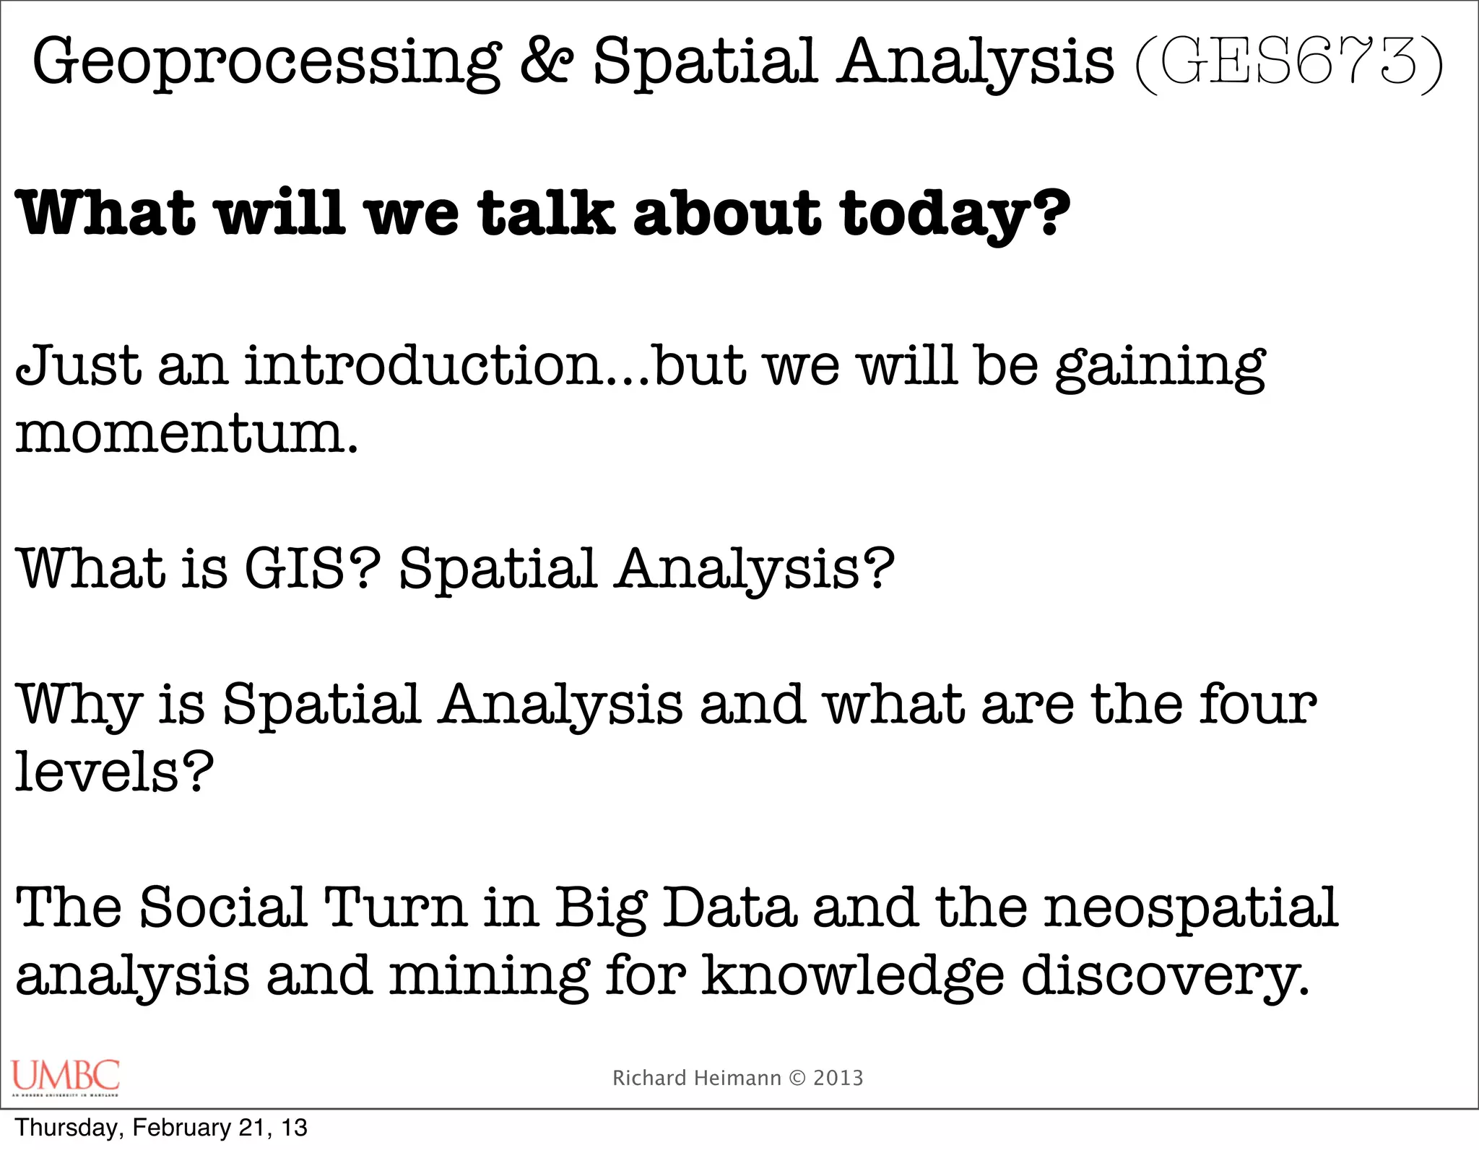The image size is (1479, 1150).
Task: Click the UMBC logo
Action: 66,1077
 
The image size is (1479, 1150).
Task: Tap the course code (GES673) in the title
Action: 1288,64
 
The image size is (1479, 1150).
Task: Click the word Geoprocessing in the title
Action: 266,64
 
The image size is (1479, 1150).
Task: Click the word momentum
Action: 186,435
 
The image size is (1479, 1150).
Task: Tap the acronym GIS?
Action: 312,569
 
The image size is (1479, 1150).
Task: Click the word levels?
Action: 114,771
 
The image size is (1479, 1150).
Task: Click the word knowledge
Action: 853,976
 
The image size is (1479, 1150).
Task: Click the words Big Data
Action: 675,909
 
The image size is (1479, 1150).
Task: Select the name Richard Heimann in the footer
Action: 696,1078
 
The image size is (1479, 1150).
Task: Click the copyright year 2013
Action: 838,1078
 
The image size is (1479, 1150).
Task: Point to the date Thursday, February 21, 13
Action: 161,1128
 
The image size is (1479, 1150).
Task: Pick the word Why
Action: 78,705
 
